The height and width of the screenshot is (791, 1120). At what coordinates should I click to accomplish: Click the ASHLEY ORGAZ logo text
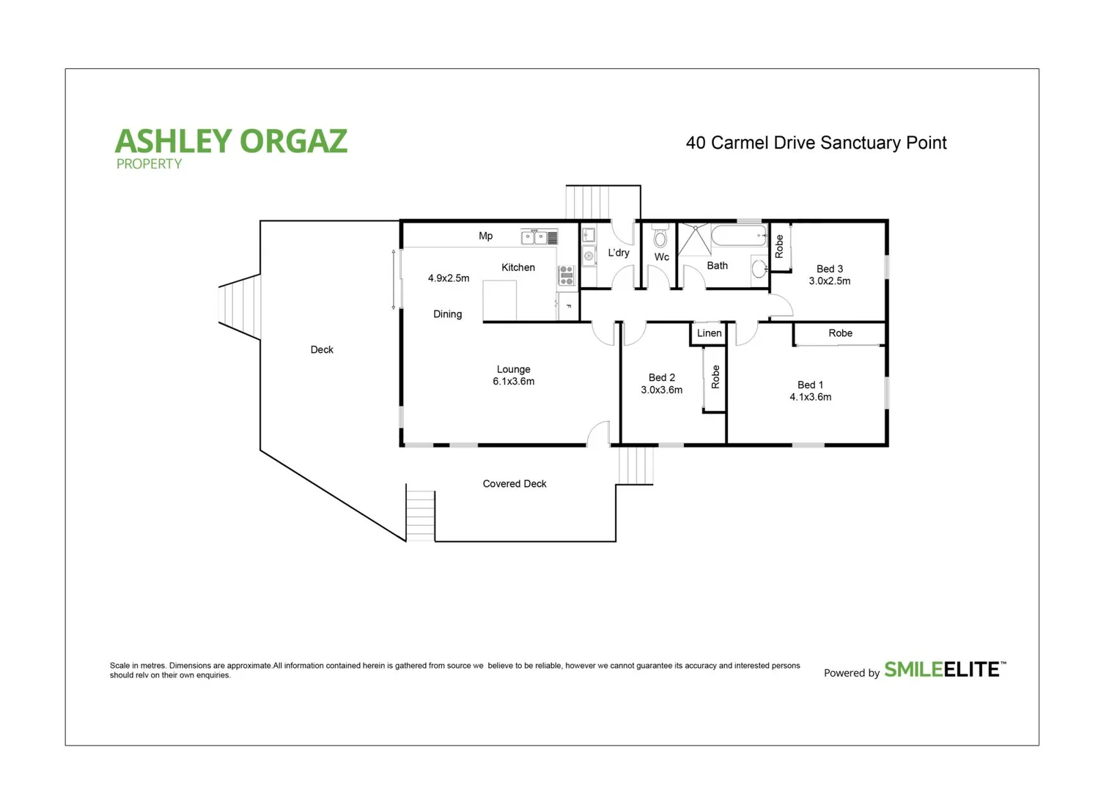(231, 141)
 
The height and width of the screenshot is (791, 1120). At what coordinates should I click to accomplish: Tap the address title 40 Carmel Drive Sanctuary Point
(816, 143)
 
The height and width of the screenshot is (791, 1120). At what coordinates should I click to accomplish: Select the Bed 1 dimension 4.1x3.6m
(810, 397)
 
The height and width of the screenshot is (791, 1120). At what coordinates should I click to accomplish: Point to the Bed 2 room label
(661, 378)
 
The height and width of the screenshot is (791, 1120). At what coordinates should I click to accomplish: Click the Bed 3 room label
(830, 269)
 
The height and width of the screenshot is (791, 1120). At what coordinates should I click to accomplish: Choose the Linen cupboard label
(709, 333)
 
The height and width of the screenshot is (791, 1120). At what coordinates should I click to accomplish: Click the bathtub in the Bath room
(738, 236)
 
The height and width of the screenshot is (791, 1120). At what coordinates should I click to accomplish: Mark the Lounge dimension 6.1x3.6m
(513, 382)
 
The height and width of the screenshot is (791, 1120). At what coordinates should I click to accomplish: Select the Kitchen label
(517, 267)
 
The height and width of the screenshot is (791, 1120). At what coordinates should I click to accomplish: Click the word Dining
(447, 314)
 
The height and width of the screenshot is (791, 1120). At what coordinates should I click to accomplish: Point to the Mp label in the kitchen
(485, 236)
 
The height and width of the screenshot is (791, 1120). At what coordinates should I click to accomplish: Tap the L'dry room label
(618, 253)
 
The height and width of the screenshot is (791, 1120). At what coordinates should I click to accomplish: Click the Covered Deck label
(515, 484)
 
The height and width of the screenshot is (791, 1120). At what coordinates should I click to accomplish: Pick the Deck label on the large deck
(322, 350)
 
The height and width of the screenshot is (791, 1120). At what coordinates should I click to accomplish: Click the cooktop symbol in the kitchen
(566, 275)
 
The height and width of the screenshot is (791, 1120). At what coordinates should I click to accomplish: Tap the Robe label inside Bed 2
(715, 376)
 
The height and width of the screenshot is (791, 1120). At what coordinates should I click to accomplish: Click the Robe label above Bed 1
(840, 333)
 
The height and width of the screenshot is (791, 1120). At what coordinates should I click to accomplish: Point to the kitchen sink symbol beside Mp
(534, 237)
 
